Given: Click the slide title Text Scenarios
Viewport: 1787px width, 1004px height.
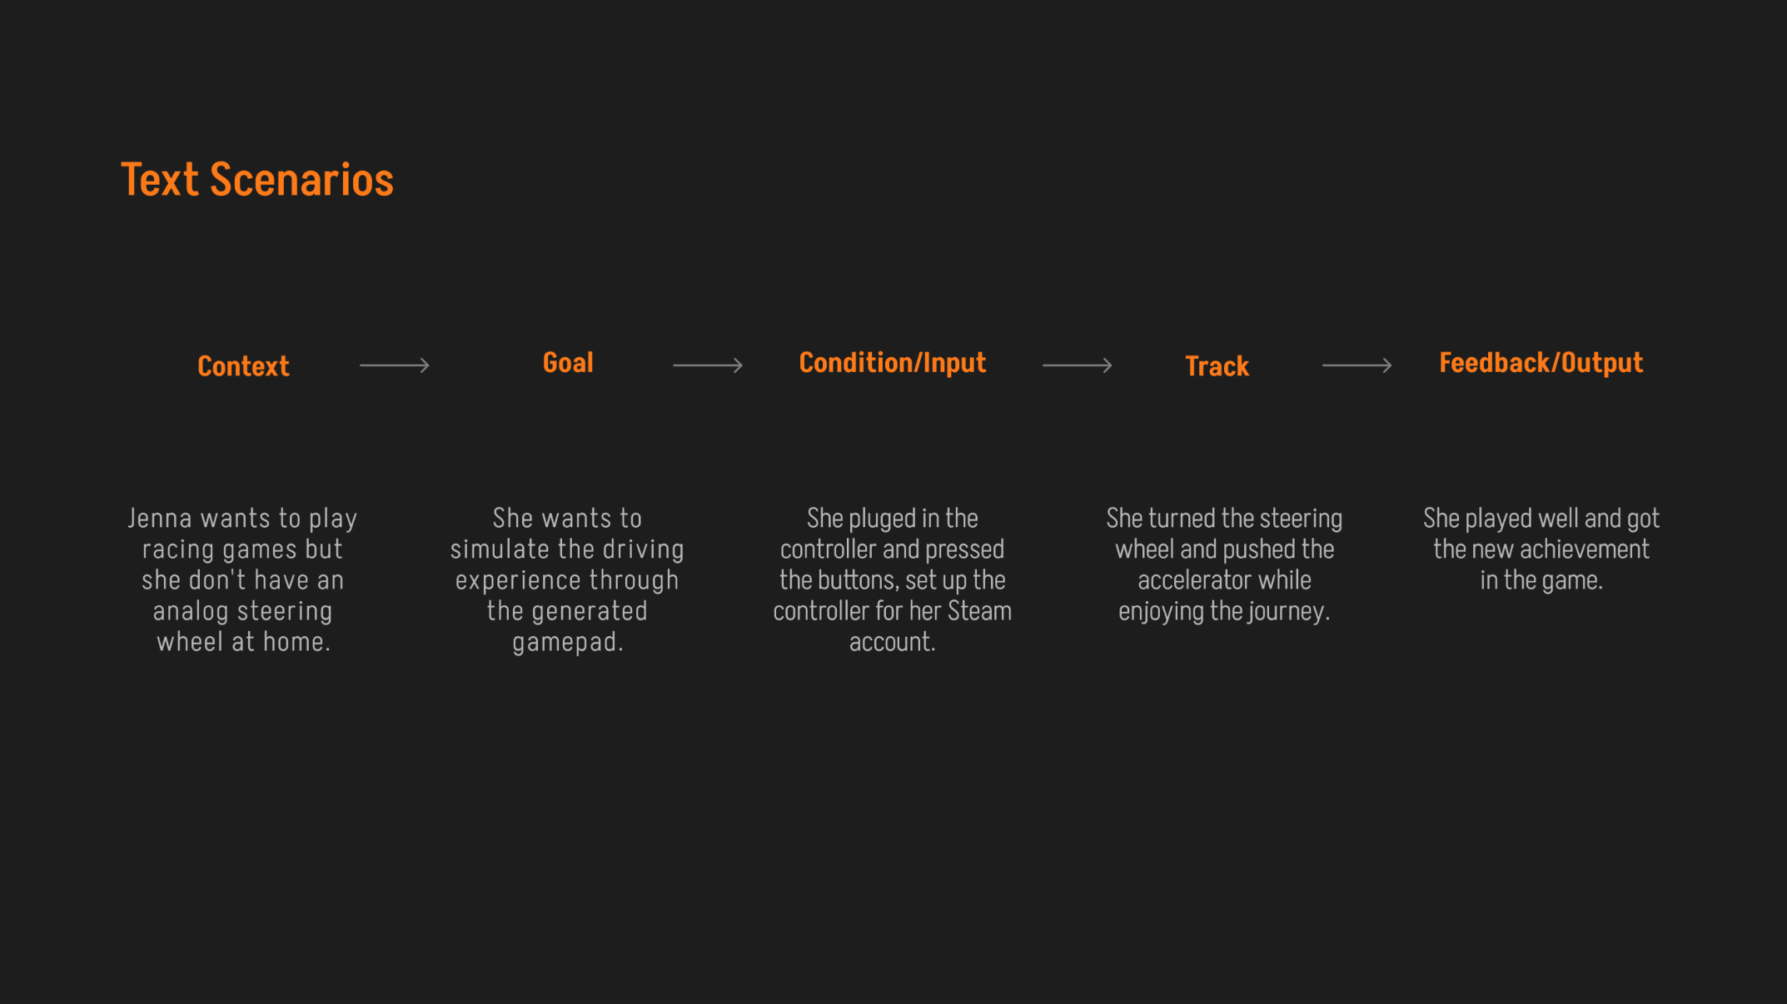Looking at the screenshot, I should coord(256,180).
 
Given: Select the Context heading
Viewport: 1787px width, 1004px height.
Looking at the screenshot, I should coord(243,366).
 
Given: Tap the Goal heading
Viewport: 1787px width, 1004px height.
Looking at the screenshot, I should coord(568,363).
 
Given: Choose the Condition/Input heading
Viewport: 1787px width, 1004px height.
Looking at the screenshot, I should coord(892,363).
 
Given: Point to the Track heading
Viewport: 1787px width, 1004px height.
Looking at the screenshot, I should coord(1217,366).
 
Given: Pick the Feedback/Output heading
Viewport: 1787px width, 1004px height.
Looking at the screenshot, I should coord(1541,363).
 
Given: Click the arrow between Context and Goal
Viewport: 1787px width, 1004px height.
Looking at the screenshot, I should coord(395,365).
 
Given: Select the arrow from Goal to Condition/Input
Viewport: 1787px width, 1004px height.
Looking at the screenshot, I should coord(708,365).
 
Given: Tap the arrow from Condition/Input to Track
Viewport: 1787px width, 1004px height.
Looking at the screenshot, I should coord(1077,365).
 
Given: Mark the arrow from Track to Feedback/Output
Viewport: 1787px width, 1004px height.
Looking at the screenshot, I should coord(1356,365).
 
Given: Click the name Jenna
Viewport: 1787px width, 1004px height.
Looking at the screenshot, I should coord(159,519).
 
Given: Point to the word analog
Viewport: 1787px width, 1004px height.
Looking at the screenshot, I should coord(191,612).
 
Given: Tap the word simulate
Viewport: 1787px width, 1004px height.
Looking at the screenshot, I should coord(500,549).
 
